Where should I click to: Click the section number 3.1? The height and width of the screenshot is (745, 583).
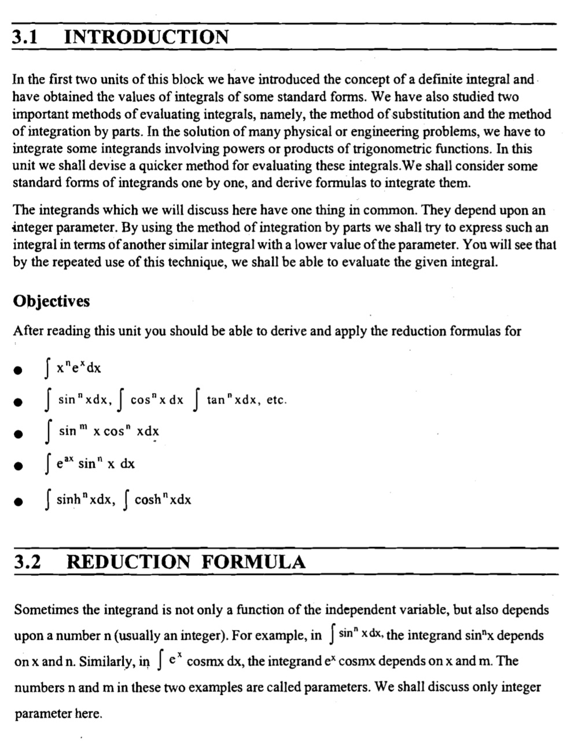pyautogui.click(x=25, y=38)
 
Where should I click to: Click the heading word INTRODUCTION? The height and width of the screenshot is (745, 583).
pyautogui.click(x=146, y=38)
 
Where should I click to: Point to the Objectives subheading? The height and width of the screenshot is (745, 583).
pyautogui.click(x=51, y=301)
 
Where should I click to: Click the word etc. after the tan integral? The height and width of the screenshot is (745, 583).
pyautogui.click(x=276, y=400)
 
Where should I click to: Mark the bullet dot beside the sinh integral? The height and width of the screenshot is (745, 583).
pyautogui.click(x=19, y=502)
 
